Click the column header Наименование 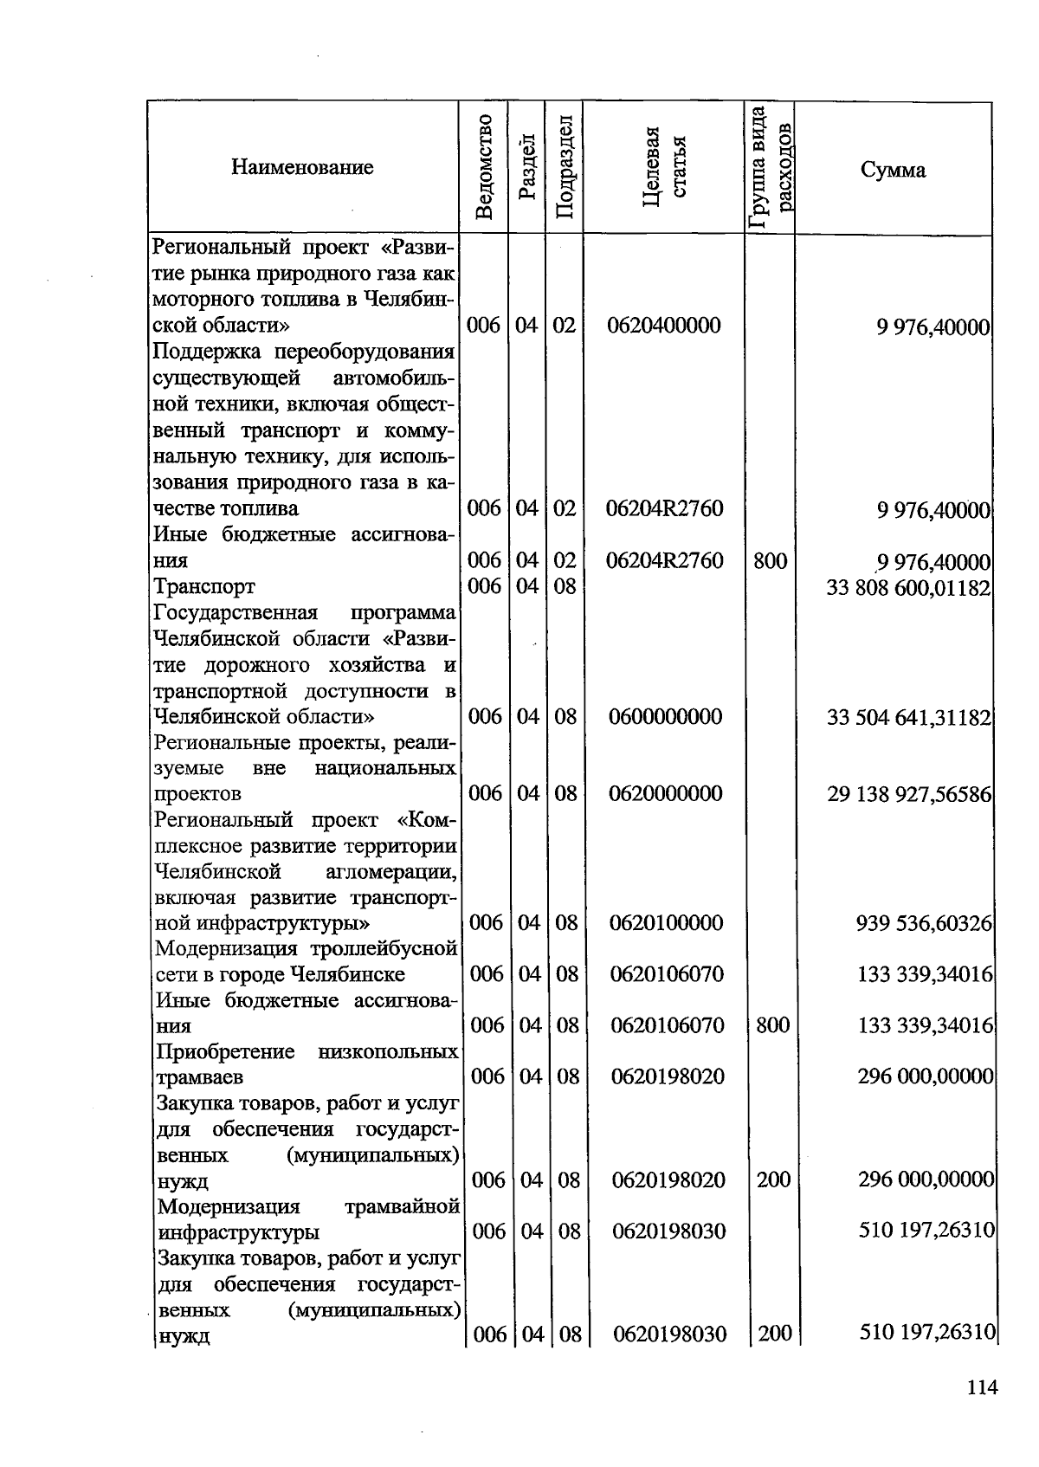pos(302,167)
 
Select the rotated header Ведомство pos(485,167)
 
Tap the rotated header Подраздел pos(564,167)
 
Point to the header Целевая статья pos(664,167)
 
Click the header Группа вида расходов pos(770,167)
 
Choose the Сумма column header pos(893,170)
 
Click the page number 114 pos(982,1388)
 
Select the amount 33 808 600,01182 pos(908,587)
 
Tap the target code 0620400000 pos(664,326)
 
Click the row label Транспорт pos(204,587)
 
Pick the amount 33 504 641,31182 pos(908,717)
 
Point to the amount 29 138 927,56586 pos(908,794)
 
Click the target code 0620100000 pos(666,923)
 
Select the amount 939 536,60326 pos(924,923)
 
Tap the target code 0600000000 pos(665,717)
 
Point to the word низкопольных pos(388,1052)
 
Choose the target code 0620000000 pos(665,794)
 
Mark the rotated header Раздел pos(527,167)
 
